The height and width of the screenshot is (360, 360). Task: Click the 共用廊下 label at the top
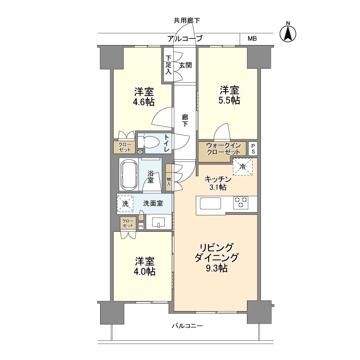[186, 21]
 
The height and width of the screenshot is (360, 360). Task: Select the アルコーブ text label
[186, 39]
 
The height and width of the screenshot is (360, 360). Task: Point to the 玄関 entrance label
[185, 65]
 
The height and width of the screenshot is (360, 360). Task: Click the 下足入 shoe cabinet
[168, 65]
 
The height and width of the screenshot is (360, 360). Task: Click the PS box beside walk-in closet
[253, 149]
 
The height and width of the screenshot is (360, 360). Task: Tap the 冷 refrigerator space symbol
[243, 166]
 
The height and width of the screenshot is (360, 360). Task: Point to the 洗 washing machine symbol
[124, 204]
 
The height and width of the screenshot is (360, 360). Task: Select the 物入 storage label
[169, 181]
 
